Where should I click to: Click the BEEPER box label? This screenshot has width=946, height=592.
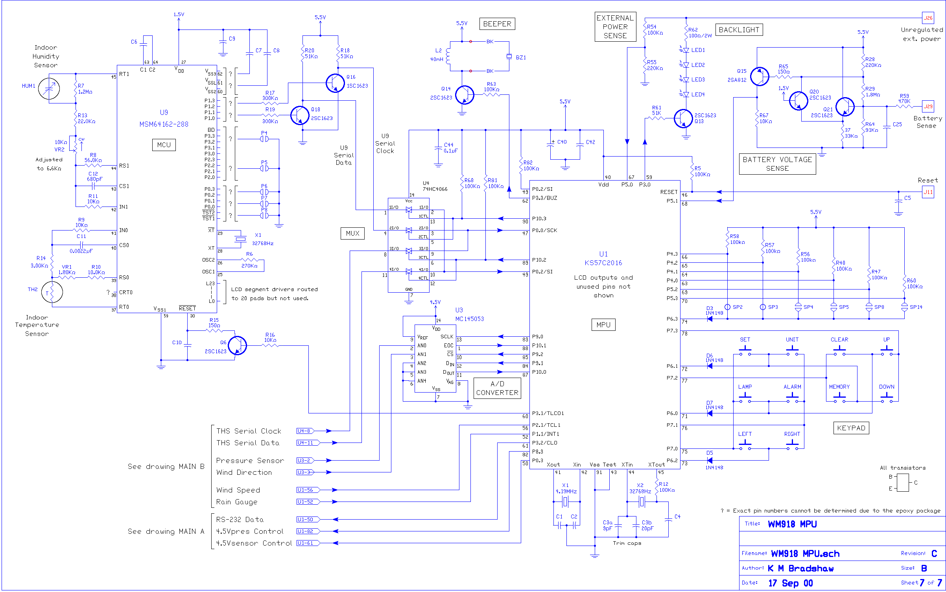497,24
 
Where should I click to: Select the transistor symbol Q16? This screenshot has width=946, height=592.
335,83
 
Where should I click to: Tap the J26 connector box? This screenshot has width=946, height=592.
928,18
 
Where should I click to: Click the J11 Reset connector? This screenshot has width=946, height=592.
928,192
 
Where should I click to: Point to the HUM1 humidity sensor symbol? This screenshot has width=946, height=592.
49,89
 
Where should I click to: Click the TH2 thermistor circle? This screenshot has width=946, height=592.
52,292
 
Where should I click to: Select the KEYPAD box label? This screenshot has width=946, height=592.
851,428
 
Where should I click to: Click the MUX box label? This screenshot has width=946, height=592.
352,233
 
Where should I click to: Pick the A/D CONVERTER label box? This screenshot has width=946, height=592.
497,388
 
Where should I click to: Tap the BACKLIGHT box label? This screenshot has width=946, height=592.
739,30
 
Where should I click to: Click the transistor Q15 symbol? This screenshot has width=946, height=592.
759,76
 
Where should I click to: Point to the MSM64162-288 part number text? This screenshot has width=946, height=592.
164,124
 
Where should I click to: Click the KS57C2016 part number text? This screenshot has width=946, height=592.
603,263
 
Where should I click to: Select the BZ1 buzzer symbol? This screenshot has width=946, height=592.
509,57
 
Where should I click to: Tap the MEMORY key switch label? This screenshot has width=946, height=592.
839,387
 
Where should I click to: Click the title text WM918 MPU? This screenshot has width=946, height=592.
792,524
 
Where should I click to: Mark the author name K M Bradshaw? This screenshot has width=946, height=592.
800,568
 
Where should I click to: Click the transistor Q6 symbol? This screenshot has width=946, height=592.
237,345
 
